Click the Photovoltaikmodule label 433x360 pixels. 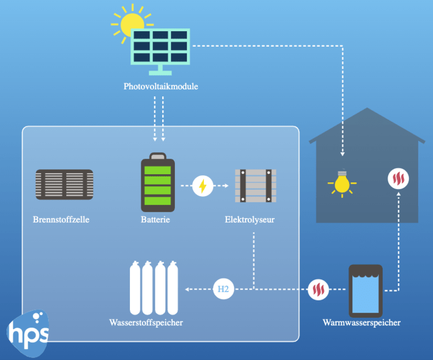pyautogui.click(x=161, y=87)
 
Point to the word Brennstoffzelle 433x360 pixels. pyautogui.click(x=61, y=220)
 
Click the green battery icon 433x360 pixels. pyautogui.click(x=158, y=183)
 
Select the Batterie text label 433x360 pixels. pyautogui.click(x=155, y=220)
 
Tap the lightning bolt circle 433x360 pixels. pyautogui.click(x=203, y=186)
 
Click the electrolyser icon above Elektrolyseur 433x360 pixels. pyautogui.click(x=255, y=186)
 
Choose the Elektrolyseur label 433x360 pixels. pyautogui.click(x=249, y=220)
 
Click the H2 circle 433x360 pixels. pyautogui.click(x=223, y=289)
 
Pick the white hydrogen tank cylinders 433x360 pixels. pyautogui.click(x=153, y=287)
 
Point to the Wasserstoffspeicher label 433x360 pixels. pyautogui.click(x=146, y=322)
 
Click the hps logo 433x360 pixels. pyautogui.click(x=29, y=333)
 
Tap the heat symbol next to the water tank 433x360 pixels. pyautogui.click(x=318, y=289)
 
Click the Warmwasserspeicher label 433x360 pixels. pyautogui.click(x=361, y=322)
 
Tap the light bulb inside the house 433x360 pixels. pyautogui.click(x=342, y=182)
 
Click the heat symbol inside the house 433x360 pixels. pyautogui.click(x=398, y=179)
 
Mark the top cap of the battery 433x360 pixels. pyautogui.click(x=158, y=156)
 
